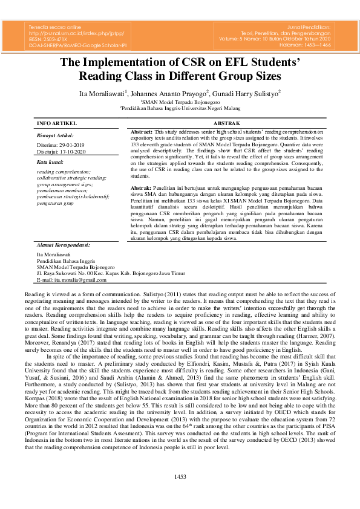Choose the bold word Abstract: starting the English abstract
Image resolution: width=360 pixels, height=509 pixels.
[142, 131]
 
